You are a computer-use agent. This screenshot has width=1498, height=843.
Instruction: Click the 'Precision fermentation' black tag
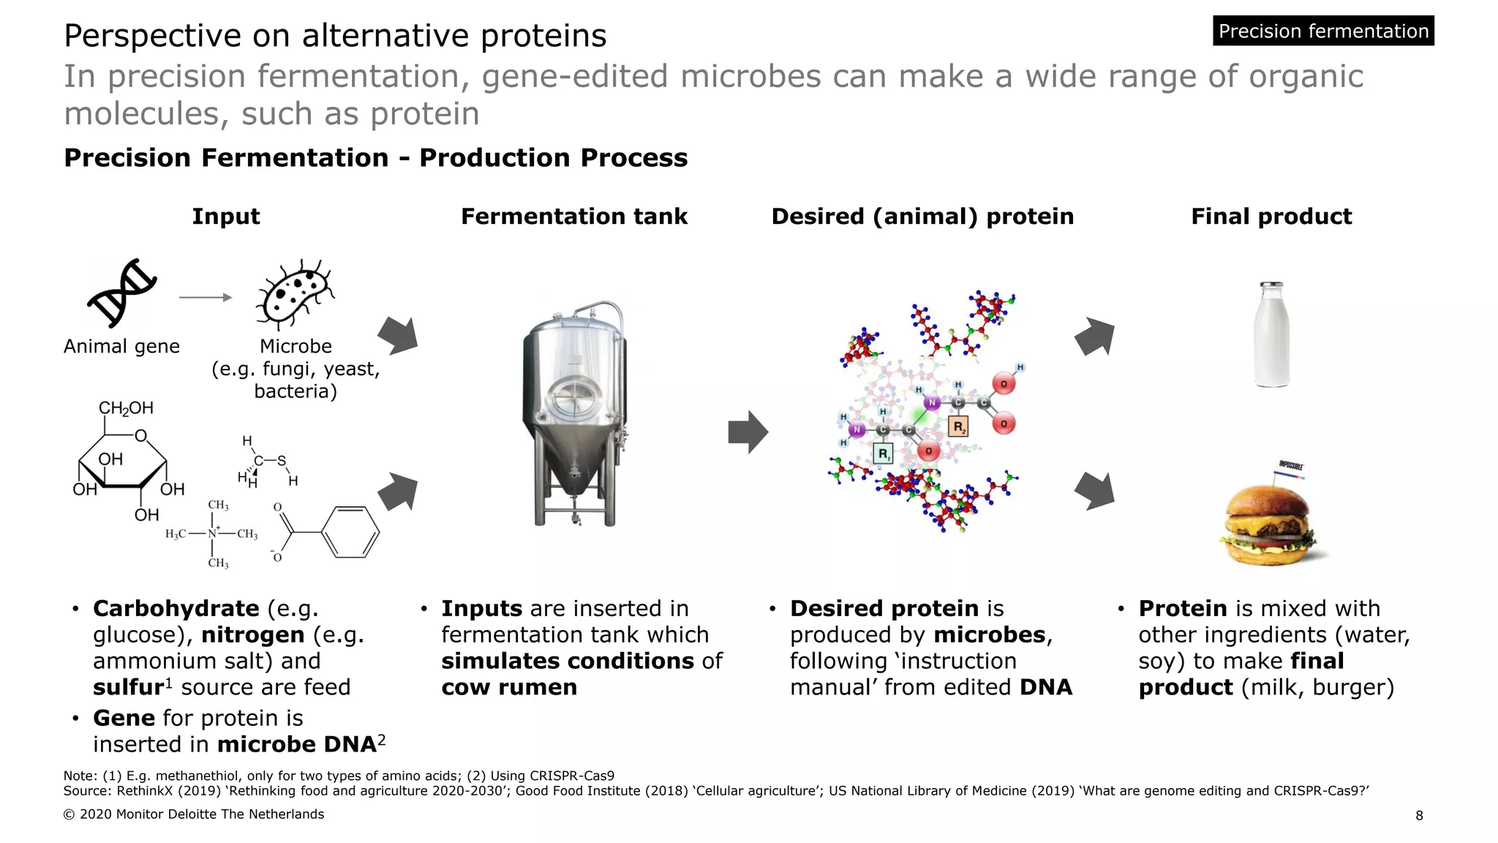1322,31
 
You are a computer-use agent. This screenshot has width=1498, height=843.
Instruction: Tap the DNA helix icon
122,293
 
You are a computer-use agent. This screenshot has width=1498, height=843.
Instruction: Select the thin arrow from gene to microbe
205,297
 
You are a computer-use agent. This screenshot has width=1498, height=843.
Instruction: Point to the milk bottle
1271,335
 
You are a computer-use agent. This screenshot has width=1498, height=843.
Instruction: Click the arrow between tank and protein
748,432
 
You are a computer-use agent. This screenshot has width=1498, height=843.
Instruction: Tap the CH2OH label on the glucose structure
126,408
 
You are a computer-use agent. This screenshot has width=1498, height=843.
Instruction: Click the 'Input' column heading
225,217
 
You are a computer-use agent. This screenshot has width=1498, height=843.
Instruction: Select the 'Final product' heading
1271,217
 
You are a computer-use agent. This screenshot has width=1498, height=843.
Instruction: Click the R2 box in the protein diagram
958,427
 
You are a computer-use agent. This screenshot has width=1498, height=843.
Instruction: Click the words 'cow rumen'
509,687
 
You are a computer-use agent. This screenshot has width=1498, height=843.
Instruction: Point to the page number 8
1419,815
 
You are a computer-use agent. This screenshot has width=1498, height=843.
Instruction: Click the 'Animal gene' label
121,346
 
